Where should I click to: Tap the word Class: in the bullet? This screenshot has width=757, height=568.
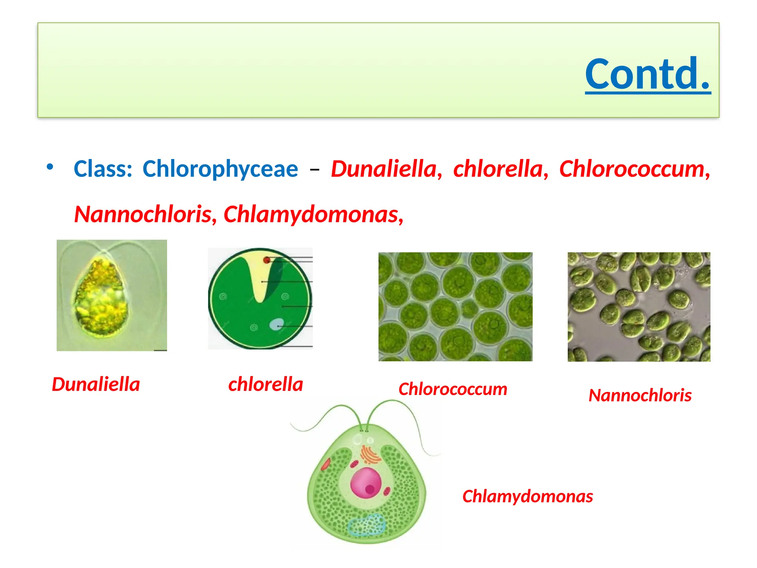(103, 169)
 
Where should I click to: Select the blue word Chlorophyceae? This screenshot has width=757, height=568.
(220, 169)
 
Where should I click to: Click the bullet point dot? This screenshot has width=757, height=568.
(50, 167)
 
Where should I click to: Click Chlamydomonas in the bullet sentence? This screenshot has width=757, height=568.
(312, 214)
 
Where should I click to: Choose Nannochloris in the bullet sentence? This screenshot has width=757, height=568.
(143, 214)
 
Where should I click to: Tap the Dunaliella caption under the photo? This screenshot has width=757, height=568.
(96, 385)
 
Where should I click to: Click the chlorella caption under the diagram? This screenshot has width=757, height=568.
(266, 385)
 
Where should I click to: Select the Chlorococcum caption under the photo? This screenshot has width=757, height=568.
(453, 389)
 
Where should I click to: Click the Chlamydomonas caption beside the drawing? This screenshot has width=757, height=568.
(527, 497)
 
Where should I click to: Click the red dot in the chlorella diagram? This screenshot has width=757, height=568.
(267, 260)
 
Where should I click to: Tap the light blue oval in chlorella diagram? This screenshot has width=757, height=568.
(276, 325)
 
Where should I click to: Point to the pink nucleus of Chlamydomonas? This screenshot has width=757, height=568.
(365, 483)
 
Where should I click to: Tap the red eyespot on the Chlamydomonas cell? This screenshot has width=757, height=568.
(326, 464)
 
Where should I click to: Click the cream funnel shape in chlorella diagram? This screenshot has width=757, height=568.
(260, 277)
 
